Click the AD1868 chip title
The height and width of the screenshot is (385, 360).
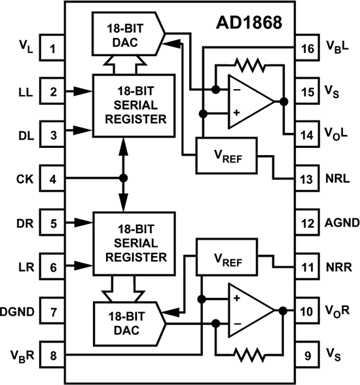[249, 23]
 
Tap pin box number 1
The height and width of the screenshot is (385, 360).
[52, 48]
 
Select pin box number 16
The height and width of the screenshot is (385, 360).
[307, 48]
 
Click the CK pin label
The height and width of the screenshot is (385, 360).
[25, 179]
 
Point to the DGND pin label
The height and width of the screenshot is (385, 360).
[17, 312]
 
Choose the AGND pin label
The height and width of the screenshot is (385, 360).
[342, 223]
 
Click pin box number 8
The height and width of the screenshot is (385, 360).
[52, 355]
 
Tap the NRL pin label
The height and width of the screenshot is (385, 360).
[338, 179]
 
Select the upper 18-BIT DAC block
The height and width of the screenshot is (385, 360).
[128, 33]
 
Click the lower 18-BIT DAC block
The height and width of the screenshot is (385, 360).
[130, 324]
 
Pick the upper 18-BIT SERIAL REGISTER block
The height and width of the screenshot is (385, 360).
[134, 105]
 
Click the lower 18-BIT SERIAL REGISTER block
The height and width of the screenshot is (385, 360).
[134, 244]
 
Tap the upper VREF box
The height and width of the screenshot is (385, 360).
[226, 156]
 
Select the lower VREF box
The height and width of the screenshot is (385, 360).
[226, 257]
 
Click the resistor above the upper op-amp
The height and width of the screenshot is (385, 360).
[250, 65]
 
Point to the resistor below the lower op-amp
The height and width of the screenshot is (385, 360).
[249, 355]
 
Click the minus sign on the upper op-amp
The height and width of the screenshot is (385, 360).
[237, 90]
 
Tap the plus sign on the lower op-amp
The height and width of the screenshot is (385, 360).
[236, 299]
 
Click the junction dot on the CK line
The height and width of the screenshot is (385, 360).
[123, 178]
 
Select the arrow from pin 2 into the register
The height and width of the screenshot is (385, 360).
[79, 92]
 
